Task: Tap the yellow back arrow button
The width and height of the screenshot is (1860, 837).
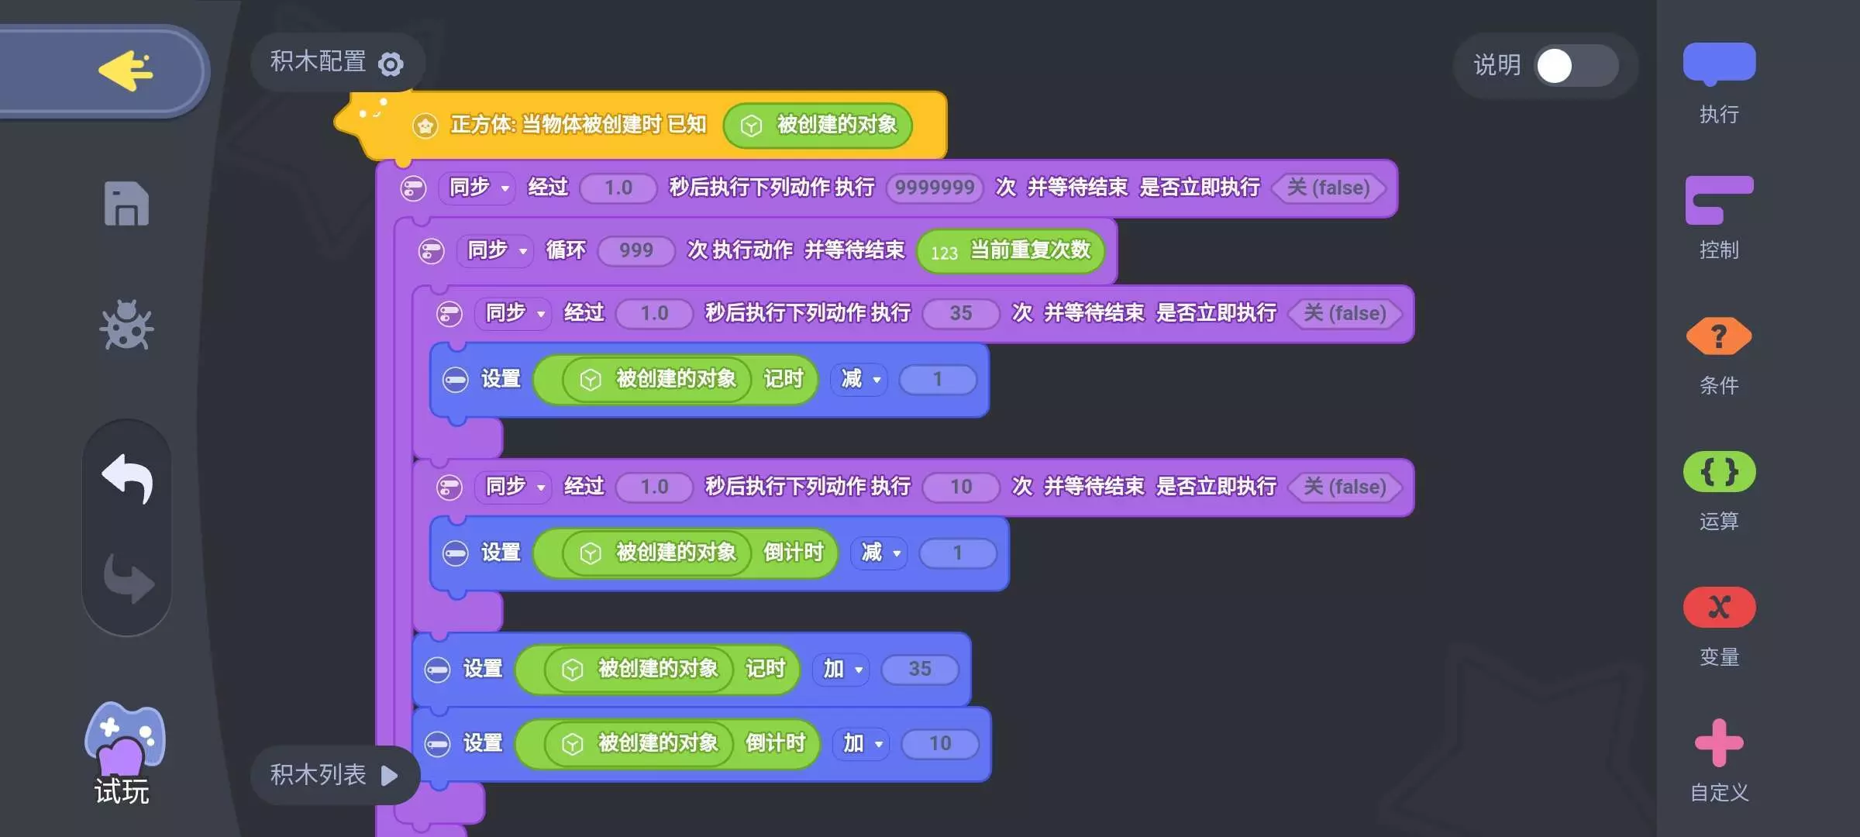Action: click(126, 71)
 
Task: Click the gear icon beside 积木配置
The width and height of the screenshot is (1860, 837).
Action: click(391, 64)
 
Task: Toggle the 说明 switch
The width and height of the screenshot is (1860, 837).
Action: click(1576, 66)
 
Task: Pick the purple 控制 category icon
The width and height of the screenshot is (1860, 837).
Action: click(1719, 200)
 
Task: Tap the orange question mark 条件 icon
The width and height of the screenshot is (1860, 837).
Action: click(1719, 336)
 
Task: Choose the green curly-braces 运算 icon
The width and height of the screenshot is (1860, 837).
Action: click(1719, 471)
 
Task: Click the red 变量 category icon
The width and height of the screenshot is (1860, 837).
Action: click(1719, 607)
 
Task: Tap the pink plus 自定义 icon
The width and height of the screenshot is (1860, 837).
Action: click(1719, 742)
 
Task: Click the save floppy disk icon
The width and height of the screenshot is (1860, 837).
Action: click(126, 204)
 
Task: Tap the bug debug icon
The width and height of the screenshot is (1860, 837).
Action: click(126, 325)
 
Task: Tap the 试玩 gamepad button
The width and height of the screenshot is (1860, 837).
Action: click(124, 752)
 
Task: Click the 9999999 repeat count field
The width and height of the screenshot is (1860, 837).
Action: click(935, 188)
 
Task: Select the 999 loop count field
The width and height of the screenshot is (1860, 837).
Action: click(636, 250)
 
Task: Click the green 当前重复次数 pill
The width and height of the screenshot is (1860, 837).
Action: click(1011, 251)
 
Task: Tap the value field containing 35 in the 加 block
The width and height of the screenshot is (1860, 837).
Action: click(920, 669)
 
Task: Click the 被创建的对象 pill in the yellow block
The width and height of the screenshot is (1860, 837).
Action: click(818, 125)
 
